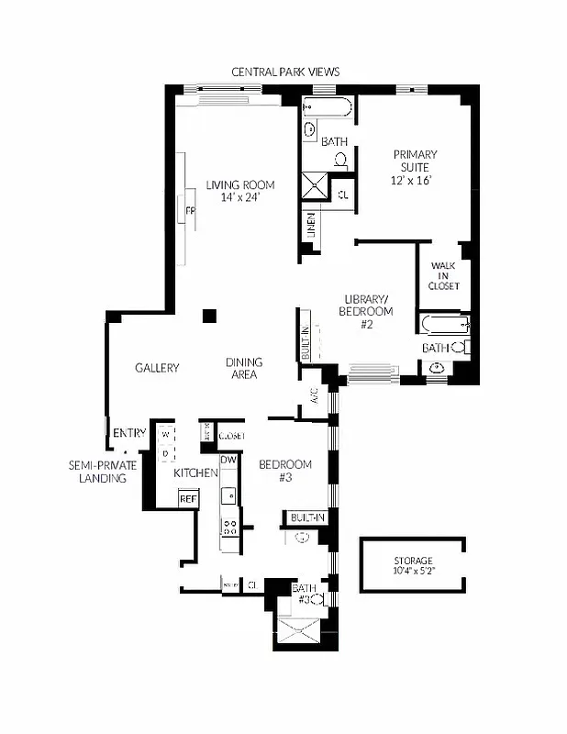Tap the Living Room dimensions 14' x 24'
click(x=240, y=197)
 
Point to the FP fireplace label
click(x=191, y=211)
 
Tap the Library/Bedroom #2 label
click(x=368, y=311)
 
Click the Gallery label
click(x=156, y=368)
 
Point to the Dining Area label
click(x=243, y=368)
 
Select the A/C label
click(x=314, y=396)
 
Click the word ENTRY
click(x=128, y=433)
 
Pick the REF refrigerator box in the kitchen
click(x=188, y=498)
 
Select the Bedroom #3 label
click(x=284, y=471)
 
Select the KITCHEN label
click(x=195, y=473)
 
